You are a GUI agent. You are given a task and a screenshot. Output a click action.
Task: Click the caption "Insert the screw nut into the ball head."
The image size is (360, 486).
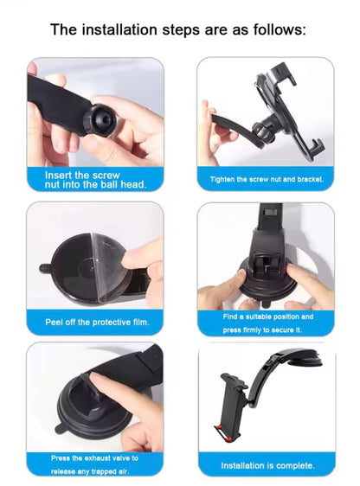tap(95, 179)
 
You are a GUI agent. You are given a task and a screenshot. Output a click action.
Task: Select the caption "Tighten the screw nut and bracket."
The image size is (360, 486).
tap(266, 180)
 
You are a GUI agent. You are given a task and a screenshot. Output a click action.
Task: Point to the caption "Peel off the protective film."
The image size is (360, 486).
tap(97, 323)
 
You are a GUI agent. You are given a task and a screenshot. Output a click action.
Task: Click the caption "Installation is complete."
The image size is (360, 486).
tap(266, 465)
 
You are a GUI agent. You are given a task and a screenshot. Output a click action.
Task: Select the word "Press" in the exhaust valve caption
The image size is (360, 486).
tap(62, 457)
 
